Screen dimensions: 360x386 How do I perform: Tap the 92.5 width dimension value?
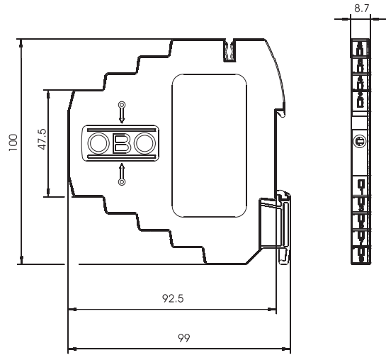[171, 299]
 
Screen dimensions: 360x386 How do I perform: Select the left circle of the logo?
[97, 144]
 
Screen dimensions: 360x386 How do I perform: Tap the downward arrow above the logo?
[122, 113]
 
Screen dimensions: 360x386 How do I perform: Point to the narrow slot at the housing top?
[229, 50]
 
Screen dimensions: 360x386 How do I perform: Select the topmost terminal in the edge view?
[361, 48]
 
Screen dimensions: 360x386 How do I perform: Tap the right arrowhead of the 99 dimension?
[289, 349]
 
